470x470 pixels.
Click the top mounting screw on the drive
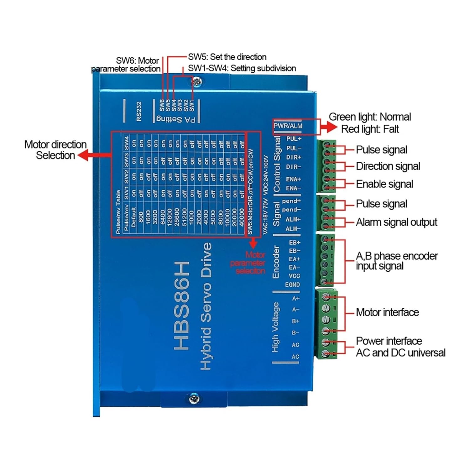click(x=196, y=82)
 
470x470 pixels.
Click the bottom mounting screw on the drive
click(x=194, y=399)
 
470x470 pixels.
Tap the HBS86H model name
click(x=181, y=305)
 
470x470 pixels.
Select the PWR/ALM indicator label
click(x=288, y=126)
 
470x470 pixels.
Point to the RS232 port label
click(x=139, y=111)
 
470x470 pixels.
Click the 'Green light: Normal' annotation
click(x=370, y=117)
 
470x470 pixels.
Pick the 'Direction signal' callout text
click(x=388, y=166)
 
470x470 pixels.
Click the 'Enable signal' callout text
click(x=384, y=184)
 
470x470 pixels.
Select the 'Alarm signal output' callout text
click(x=396, y=222)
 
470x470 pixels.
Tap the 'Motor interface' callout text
click(x=387, y=312)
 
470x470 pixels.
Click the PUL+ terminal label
click(x=294, y=139)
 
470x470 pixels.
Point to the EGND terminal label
click(x=292, y=285)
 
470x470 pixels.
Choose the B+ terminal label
click(x=295, y=321)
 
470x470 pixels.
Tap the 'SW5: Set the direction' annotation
click(x=227, y=57)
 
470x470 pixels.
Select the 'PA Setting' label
click(x=176, y=119)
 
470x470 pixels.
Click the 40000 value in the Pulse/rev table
click(x=241, y=217)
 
